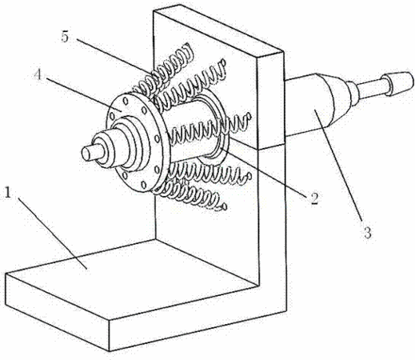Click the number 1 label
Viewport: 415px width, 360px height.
point(8,193)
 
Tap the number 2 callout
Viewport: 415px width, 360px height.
point(314,198)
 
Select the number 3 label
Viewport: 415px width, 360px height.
point(367,231)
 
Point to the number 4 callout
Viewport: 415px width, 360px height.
point(38,74)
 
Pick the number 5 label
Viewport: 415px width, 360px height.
point(65,37)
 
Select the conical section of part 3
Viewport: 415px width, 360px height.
point(337,98)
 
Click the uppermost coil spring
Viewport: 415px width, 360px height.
point(165,70)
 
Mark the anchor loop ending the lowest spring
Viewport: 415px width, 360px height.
point(224,206)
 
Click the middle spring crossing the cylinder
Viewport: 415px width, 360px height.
point(208,128)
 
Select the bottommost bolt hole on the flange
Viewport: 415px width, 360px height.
point(144,184)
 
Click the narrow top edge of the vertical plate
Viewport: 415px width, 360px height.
point(218,30)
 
